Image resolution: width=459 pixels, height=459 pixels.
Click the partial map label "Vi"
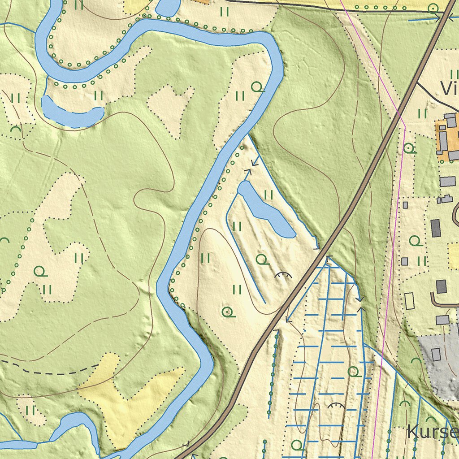click(x=448, y=89)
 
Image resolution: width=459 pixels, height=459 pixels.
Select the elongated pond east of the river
click(x=266, y=209)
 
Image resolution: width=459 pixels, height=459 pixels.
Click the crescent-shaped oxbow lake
click(x=72, y=112)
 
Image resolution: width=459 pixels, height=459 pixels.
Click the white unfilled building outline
click(x=409, y=300)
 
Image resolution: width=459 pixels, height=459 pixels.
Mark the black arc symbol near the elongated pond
click(x=283, y=275)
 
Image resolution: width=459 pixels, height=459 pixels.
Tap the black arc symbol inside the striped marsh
click(x=336, y=406)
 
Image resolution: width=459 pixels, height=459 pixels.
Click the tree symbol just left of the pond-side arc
click(x=262, y=259)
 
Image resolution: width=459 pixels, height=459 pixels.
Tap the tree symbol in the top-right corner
click(x=433, y=8)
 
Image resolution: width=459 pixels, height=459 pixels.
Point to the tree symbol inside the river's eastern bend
click(x=256, y=86)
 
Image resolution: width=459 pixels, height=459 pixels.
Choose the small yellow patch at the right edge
click(x=454, y=250)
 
